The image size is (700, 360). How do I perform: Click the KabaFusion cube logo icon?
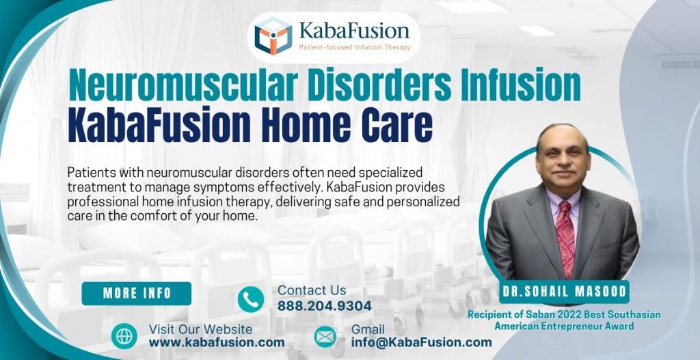tap(273, 36)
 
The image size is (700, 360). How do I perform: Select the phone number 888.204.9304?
tap(325, 306)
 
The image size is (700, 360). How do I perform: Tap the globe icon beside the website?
tap(124, 336)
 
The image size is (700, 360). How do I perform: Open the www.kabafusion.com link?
tap(217, 342)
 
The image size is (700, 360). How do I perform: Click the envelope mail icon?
tap(325, 336)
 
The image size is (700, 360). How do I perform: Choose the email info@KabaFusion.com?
tap(422, 342)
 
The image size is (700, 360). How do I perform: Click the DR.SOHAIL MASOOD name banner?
tap(555, 292)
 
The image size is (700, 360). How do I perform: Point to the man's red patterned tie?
tap(565, 232)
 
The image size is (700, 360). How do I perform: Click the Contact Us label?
tap(312, 290)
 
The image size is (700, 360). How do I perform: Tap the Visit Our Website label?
tap(200, 329)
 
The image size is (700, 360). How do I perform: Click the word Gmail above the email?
tap(368, 329)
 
